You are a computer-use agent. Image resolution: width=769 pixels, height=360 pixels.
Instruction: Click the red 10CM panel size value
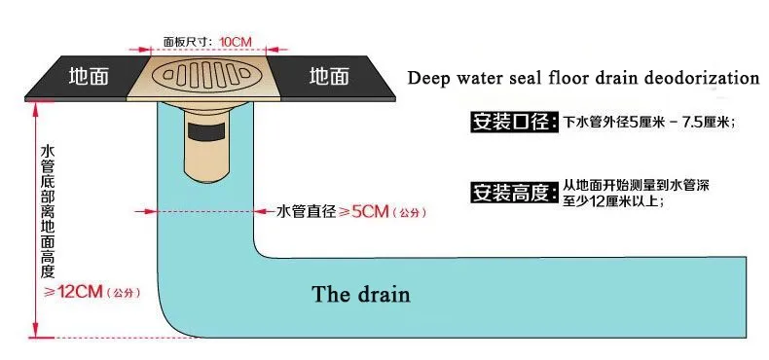pos(236,42)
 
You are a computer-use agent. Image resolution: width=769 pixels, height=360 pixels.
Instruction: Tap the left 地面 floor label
pos(89,77)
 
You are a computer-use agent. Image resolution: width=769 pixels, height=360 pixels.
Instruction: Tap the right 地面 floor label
pos(330,77)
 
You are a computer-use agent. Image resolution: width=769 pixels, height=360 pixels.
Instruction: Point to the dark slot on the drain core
pos(206,131)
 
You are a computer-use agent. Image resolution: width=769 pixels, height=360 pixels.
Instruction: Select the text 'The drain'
pos(361,294)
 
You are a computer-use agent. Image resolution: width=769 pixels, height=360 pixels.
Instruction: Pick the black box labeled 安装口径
pos(515,122)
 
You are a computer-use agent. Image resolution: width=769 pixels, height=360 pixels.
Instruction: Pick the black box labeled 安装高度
pos(515,192)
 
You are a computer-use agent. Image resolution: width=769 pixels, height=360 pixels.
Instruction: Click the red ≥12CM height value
pos(74,293)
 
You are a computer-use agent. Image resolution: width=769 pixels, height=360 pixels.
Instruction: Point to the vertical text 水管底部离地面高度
pos(49,211)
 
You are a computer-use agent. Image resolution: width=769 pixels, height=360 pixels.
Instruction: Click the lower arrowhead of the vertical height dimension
pos(35,331)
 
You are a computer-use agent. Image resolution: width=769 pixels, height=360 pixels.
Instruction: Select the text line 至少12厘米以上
pos(613,200)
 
